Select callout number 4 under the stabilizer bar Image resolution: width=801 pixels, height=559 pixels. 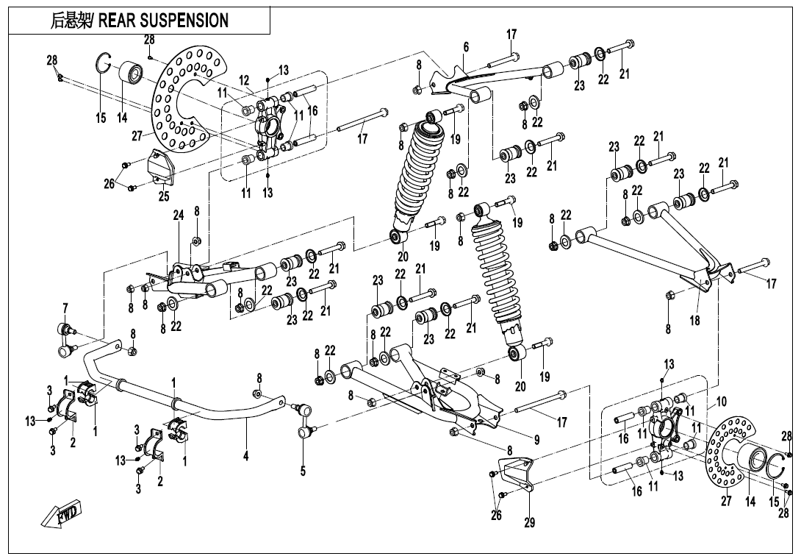pyautogui.click(x=246, y=456)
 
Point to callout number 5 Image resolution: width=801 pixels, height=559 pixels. pyautogui.click(x=303, y=471)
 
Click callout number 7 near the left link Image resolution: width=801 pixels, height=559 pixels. pyautogui.click(x=65, y=307)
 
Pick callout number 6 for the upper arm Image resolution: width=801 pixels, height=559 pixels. pyautogui.click(x=466, y=46)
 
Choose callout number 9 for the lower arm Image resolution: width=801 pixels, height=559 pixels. pyautogui.click(x=536, y=440)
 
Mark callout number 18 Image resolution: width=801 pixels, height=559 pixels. pyautogui.click(x=694, y=321)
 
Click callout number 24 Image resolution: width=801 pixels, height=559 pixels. pyautogui.click(x=178, y=216)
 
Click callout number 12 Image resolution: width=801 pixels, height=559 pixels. pyautogui.click(x=245, y=80)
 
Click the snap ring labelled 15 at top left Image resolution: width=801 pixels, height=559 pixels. pyautogui.click(x=104, y=64)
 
